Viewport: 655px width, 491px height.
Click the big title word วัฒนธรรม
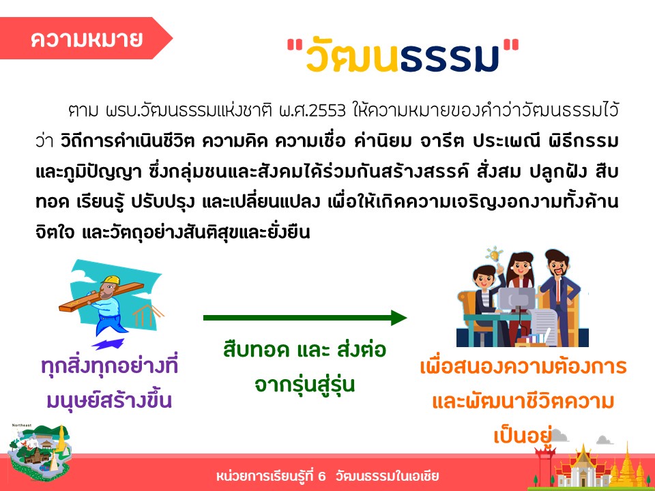coord(403,57)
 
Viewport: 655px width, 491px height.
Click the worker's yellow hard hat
coord(112,280)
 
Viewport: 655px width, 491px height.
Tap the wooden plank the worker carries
coord(101,297)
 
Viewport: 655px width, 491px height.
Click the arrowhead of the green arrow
coord(399,318)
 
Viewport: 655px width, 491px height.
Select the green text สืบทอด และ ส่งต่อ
coord(304,349)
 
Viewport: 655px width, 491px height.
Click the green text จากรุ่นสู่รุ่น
coord(304,385)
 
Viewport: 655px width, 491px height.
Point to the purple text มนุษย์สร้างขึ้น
coord(109,400)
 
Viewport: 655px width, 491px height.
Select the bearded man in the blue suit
coord(559,297)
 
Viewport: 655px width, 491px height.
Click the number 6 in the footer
coord(321,476)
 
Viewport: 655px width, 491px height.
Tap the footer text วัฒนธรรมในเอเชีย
coord(387,476)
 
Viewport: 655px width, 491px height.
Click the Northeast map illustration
coord(40,451)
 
